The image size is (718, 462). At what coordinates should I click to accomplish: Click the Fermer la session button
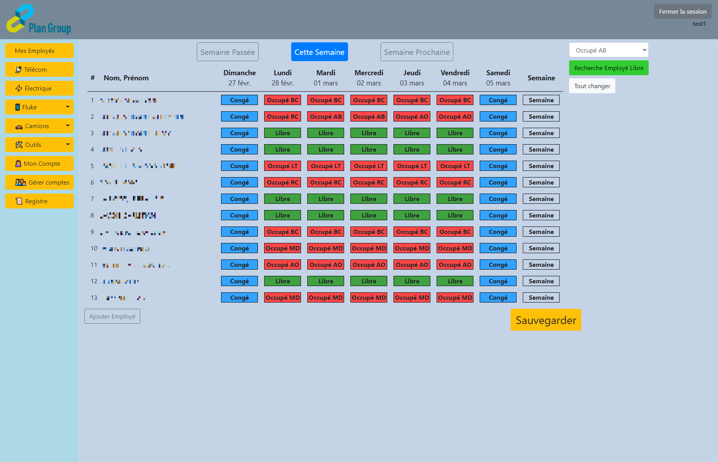click(x=682, y=12)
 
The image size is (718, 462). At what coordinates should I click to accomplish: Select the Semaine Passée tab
click(x=227, y=52)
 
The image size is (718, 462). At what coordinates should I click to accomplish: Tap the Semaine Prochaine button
click(x=417, y=52)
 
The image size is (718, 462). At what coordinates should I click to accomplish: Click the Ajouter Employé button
click(x=112, y=316)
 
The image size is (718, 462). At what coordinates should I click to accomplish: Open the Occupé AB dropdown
click(x=608, y=50)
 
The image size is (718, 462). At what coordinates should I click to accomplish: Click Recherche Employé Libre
click(x=608, y=68)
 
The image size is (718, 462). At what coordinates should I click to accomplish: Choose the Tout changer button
click(x=592, y=86)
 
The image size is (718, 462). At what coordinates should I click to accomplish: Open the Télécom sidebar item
click(x=39, y=69)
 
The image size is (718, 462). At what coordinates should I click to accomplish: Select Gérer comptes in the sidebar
click(x=39, y=182)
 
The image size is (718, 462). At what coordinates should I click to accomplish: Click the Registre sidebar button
click(x=39, y=201)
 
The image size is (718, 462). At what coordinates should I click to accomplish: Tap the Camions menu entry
click(x=39, y=126)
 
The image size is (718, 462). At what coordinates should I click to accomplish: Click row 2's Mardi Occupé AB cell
click(x=326, y=116)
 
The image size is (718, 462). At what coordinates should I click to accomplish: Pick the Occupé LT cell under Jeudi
click(x=412, y=166)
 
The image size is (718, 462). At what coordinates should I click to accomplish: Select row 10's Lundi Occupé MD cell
click(x=283, y=248)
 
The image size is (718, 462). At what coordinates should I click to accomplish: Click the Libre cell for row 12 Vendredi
click(x=455, y=281)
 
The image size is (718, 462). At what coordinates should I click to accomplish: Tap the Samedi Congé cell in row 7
click(x=498, y=199)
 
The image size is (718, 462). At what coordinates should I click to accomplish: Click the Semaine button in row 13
click(x=541, y=297)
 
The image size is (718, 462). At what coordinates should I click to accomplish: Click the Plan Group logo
click(x=38, y=20)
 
